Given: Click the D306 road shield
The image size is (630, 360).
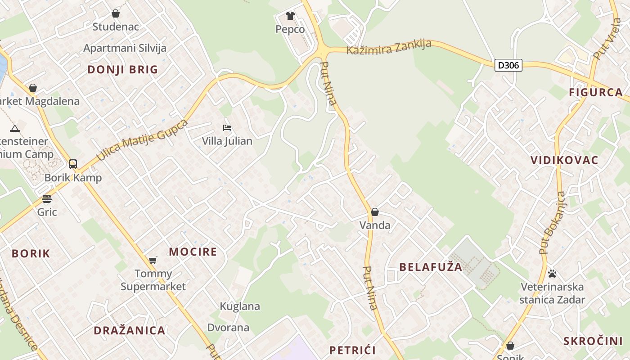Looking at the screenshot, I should pos(508,65).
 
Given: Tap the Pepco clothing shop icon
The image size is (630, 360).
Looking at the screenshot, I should pos(290,16).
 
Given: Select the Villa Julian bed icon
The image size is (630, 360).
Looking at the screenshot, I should pos(227,128).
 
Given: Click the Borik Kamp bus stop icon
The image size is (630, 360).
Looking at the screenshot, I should pos(73,164).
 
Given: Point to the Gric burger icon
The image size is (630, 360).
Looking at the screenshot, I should pos(47,199).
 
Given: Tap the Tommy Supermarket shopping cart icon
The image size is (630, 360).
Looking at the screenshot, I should pos(153,260).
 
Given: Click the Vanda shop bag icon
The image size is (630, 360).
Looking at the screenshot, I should pos(375,212).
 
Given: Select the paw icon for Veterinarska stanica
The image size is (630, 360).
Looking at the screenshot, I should pos(552,273).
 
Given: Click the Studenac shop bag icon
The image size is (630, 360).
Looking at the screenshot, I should pos(116,13).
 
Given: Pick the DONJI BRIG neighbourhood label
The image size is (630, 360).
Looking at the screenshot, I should pos(123,70).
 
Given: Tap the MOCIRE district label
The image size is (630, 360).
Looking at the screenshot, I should pos(193,252).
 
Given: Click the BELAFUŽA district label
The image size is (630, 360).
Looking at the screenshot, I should pos(431,267).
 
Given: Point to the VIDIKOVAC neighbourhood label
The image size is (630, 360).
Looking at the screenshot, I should pos(564,160).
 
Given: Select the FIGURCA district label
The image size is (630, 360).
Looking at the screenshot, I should pos(596,93).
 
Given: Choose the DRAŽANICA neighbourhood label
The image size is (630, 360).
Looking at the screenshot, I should pos(130,330).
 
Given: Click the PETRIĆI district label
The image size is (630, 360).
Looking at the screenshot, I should pos(352,350).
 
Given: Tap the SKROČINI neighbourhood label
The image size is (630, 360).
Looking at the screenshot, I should pos(593,341).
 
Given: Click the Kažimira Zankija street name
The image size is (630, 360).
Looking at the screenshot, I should pos(389,47).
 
